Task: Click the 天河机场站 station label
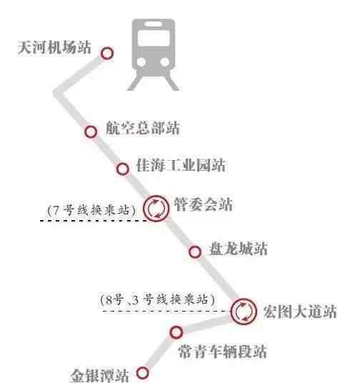54,47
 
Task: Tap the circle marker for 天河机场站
107,54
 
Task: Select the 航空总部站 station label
143,128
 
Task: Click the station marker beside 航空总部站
91,131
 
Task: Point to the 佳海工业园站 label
181,165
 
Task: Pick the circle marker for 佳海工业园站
123,169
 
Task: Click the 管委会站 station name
203,204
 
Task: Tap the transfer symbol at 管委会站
156,209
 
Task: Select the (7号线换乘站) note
91,210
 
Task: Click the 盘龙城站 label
238,249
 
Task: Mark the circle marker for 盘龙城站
195,252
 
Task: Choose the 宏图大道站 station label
300,312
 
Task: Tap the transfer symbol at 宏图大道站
244,312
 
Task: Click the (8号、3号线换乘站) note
158,299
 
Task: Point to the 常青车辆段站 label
222,352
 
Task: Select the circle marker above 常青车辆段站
176,332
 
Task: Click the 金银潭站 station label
100,376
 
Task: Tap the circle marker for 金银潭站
142,373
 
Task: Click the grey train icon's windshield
154,39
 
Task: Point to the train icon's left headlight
141,61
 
